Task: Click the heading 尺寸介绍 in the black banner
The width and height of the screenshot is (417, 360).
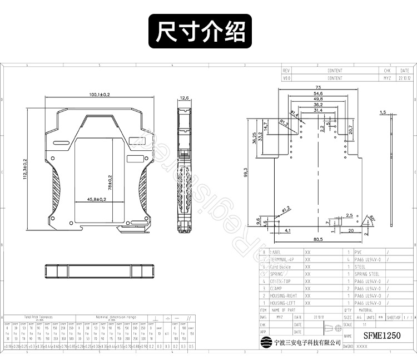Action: point(200,32)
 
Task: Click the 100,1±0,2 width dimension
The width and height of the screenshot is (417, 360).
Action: point(100,95)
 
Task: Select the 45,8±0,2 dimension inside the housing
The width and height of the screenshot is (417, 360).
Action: point(96,199)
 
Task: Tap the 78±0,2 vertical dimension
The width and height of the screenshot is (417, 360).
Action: point(110,181)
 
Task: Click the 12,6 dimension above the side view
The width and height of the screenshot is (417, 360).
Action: point(184,98)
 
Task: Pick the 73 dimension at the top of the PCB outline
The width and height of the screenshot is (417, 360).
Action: point(318,87)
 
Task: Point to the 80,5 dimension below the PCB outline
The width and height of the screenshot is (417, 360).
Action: point(317,240)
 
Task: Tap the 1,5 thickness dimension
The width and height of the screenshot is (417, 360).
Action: point(383,112)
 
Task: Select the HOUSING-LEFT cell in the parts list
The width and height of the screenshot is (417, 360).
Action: point(283,303)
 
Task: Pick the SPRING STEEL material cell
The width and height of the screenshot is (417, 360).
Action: point(367,274)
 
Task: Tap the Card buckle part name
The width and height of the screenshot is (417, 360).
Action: point(282,267)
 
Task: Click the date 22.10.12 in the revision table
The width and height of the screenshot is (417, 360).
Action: point(404,78)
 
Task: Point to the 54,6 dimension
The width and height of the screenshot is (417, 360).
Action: point(318,93)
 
